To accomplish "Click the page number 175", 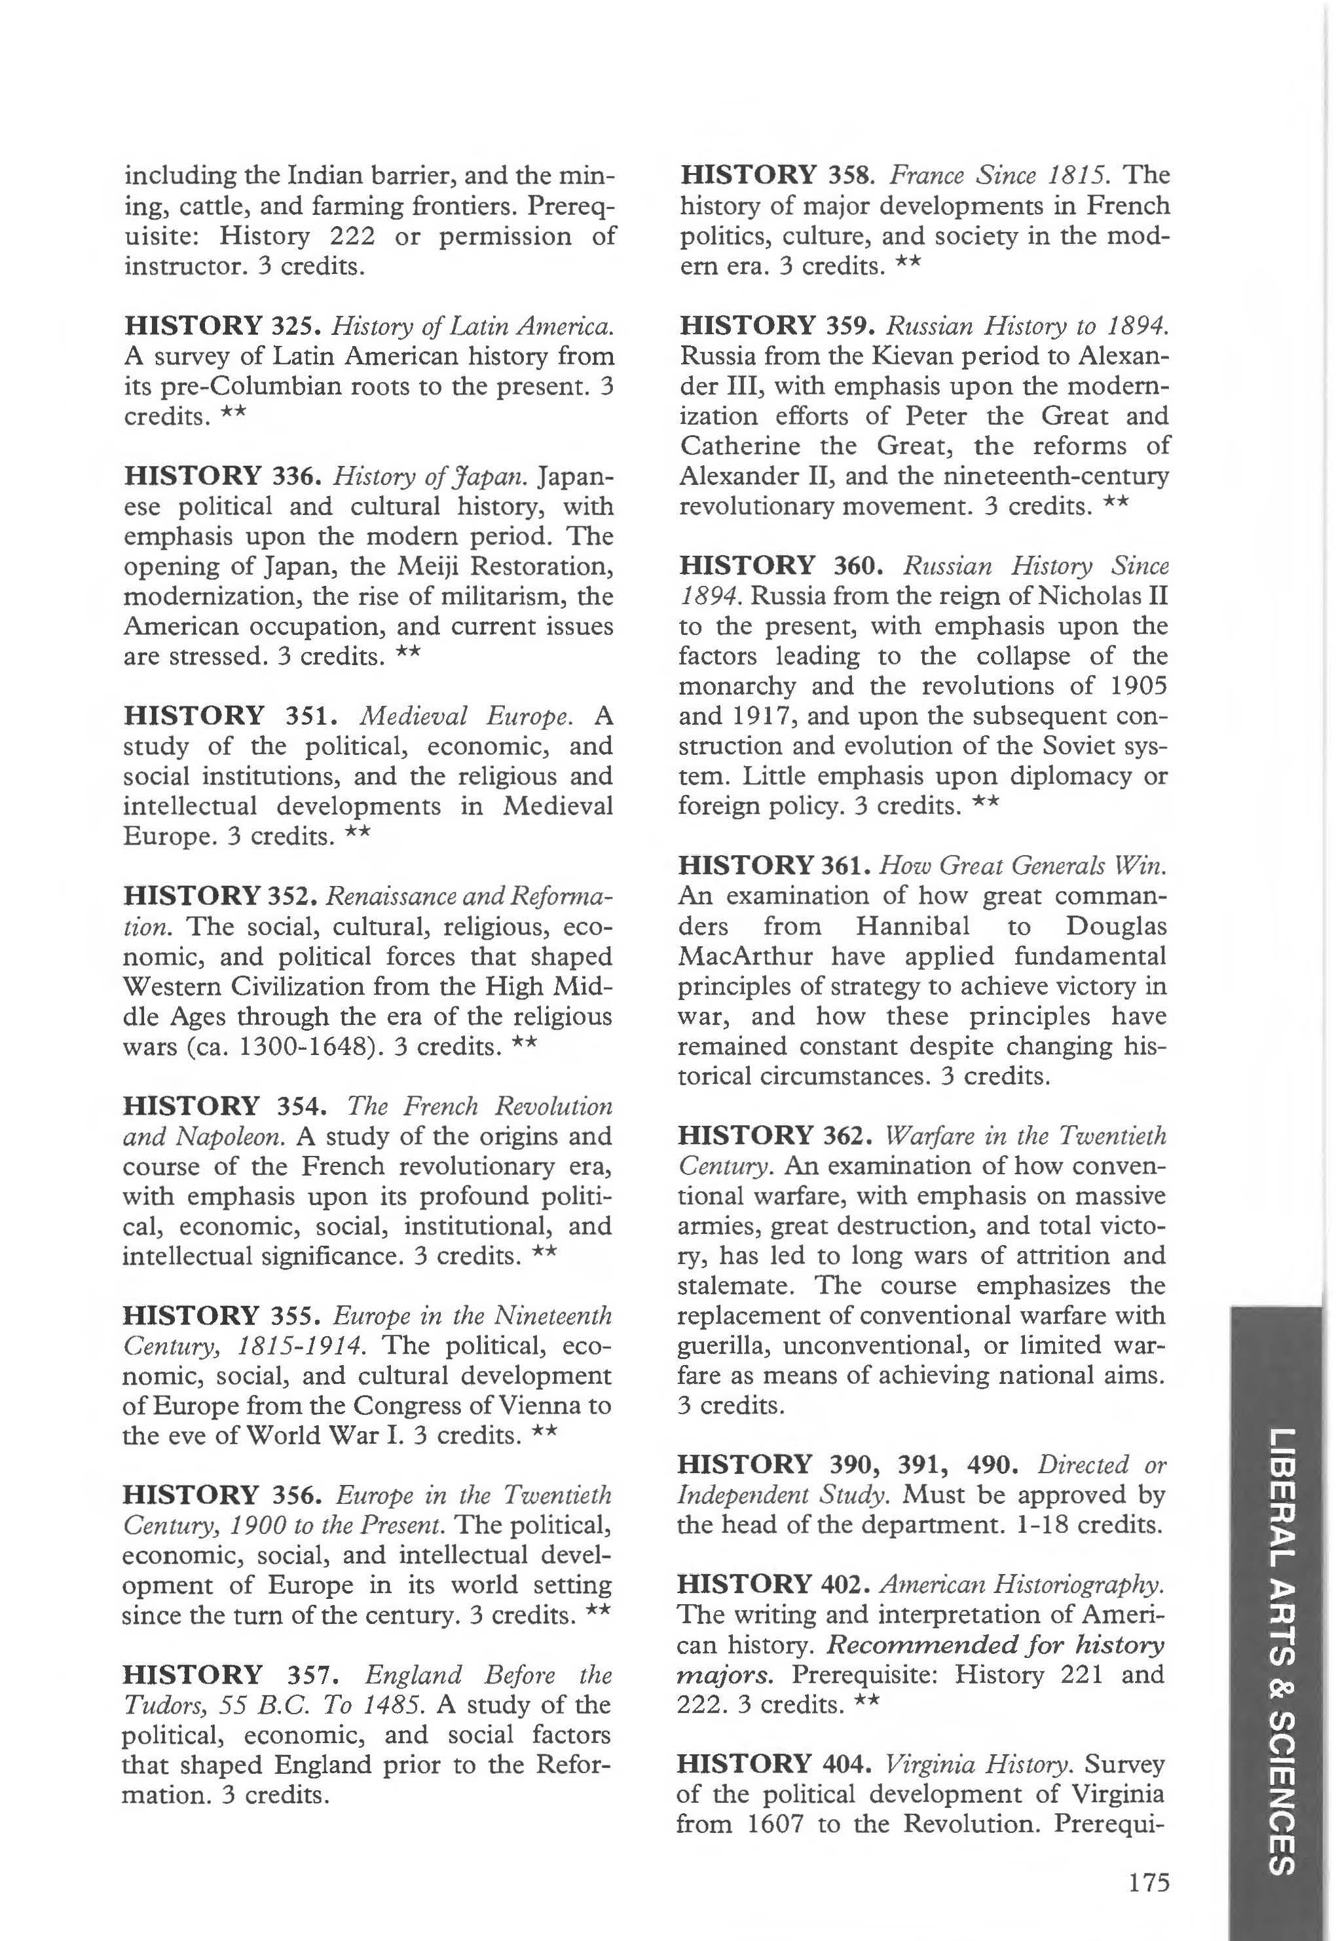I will pos(1147,1883).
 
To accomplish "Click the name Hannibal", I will pos(912,926).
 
